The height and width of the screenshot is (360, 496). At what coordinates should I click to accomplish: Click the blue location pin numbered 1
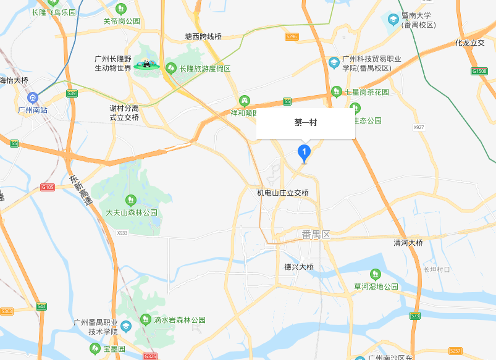pos(304,152)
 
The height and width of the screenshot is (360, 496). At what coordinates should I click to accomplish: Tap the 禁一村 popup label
pos(306,123)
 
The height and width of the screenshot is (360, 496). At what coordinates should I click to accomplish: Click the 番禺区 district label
pos(317,235)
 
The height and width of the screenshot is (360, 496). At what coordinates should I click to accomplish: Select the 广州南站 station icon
pos(33,97)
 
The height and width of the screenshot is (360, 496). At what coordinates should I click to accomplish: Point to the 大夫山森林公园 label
pos(131,212)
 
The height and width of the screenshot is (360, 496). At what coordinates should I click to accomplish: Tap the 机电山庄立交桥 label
pos(282,193)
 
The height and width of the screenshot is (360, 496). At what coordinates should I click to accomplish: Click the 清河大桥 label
pos(408,243)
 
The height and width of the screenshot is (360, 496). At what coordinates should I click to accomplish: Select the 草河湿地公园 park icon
pos(375,274)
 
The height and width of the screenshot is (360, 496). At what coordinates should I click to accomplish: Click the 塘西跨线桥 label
pos(203,37)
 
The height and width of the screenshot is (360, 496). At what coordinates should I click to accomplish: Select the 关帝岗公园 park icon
pos(121,9)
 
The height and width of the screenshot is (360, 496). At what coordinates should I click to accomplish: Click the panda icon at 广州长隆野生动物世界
pos(147,64)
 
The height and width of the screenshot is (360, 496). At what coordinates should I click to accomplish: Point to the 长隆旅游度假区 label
pos(204,69)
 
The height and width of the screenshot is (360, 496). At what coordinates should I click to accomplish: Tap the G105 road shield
pos(47,187)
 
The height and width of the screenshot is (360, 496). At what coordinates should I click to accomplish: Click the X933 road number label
pos(122,233)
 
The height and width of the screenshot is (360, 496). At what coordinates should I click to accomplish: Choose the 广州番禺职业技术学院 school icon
pos(126,327)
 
